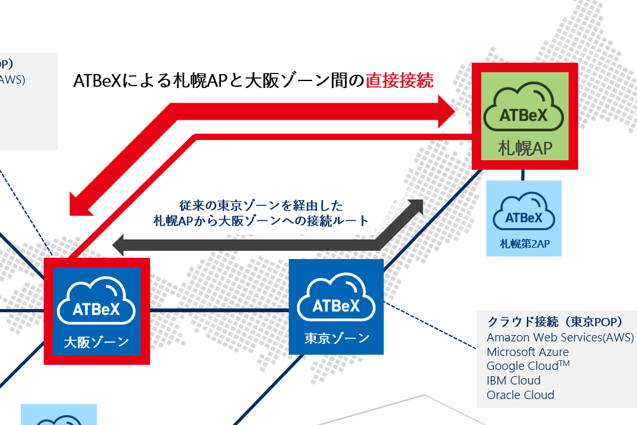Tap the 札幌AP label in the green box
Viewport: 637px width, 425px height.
(x=525, y=149)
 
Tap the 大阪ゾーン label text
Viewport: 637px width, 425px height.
(x=96, y=343)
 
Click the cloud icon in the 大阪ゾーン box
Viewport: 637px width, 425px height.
(x=96, y=303)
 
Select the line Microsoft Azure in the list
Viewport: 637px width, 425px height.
(x=527, y=352)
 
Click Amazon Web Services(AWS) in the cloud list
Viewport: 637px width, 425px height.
(x=560, y=337)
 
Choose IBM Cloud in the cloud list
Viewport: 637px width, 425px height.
(x=514, y=381)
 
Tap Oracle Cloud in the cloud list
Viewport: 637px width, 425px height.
(x=520, y=395)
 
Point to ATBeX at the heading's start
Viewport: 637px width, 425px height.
(x=96, y=81)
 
